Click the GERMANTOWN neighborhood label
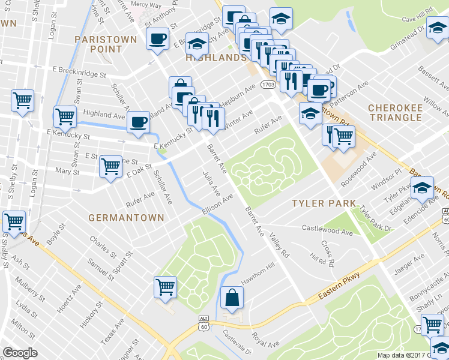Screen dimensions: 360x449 click(x=126, y=217)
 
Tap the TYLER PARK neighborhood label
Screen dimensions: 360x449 click(x=324, y=203)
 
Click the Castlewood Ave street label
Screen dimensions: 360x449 click(x=327, y=229)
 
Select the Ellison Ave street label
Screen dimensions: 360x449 click(x=217, y=205)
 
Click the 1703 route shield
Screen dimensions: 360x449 click(x=268, y=86)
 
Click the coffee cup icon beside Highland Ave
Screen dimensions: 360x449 click(x=139, y=122)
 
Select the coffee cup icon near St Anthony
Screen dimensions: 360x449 click(x=158, y=40)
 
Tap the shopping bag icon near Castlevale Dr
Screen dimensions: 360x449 click(x=232, y=296)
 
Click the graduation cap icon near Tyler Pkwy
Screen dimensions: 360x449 click(x=421, y=187)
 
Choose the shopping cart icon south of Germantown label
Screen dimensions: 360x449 click(x=164, y=286)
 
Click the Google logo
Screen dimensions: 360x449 click(x=20, y=353)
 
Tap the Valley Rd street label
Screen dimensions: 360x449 click(x=279, y=247)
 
